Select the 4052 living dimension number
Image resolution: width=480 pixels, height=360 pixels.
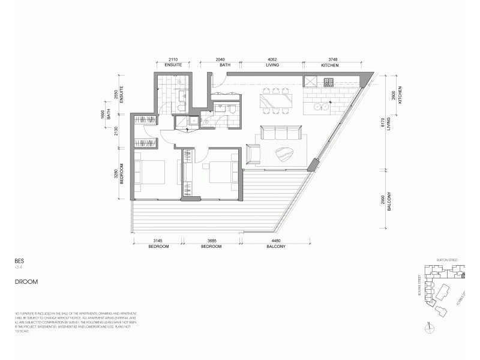point(272,60)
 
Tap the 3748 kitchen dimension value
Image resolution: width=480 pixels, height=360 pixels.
point(330,60)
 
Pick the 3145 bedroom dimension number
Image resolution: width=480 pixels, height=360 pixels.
point(158,242)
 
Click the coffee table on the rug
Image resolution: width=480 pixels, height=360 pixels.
point(286,155)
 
